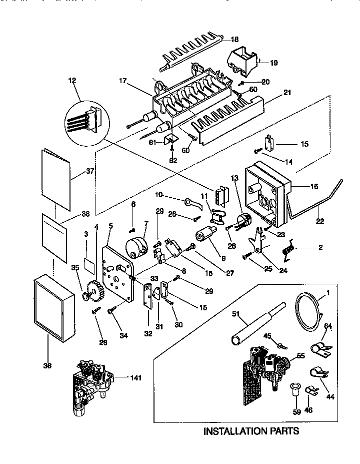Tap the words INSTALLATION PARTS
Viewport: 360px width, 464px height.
[x=251, y=431]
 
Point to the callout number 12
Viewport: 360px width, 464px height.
[x=73, y=80]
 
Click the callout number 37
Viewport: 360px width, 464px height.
[x=90, y=171]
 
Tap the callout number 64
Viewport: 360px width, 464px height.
[x=328, y=327]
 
